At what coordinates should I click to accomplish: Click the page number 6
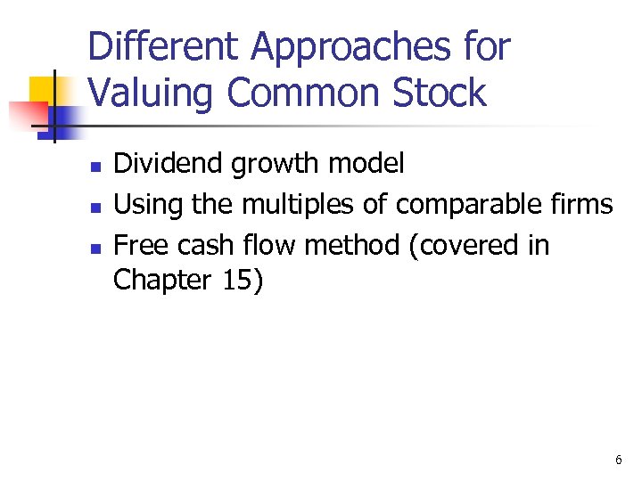click(x=618, y=460)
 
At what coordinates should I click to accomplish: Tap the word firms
click(x=584, y=205)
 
